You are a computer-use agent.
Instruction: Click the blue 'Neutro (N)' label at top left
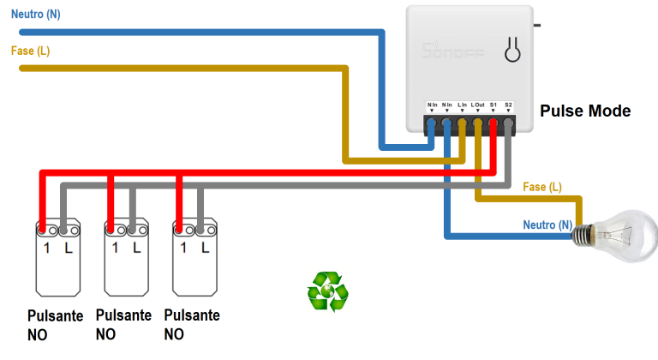click(35, 15)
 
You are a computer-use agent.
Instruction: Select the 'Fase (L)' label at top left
click(30, 51)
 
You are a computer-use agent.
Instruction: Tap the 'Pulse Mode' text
click(585, 111)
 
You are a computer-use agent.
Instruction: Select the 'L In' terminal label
click(463, 105)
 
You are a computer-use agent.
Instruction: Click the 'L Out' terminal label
click(478, 105)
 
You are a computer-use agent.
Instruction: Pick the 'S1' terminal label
click(493, 105)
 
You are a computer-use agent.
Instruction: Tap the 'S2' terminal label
click(508, 105)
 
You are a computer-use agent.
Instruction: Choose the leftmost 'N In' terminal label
click(433, 105)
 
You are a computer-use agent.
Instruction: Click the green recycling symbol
click(327, 291)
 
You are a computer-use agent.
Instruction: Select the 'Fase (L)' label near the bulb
click(542, 187)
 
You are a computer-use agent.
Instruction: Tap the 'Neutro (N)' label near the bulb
click(547, 225)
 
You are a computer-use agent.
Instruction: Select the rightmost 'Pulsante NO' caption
click(192, 324)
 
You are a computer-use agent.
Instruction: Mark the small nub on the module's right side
click(536, 25)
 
